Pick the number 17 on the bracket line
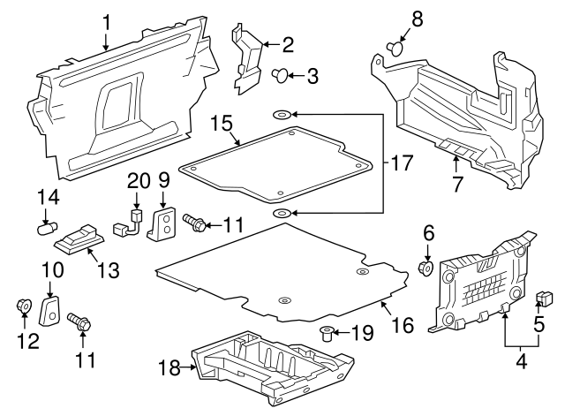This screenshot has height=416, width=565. point(403,163)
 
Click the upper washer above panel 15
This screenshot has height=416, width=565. point(281,115)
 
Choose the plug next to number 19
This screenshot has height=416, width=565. point(328,333)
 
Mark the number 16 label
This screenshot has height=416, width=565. point(403,325)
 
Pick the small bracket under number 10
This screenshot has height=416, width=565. point(51,310)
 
